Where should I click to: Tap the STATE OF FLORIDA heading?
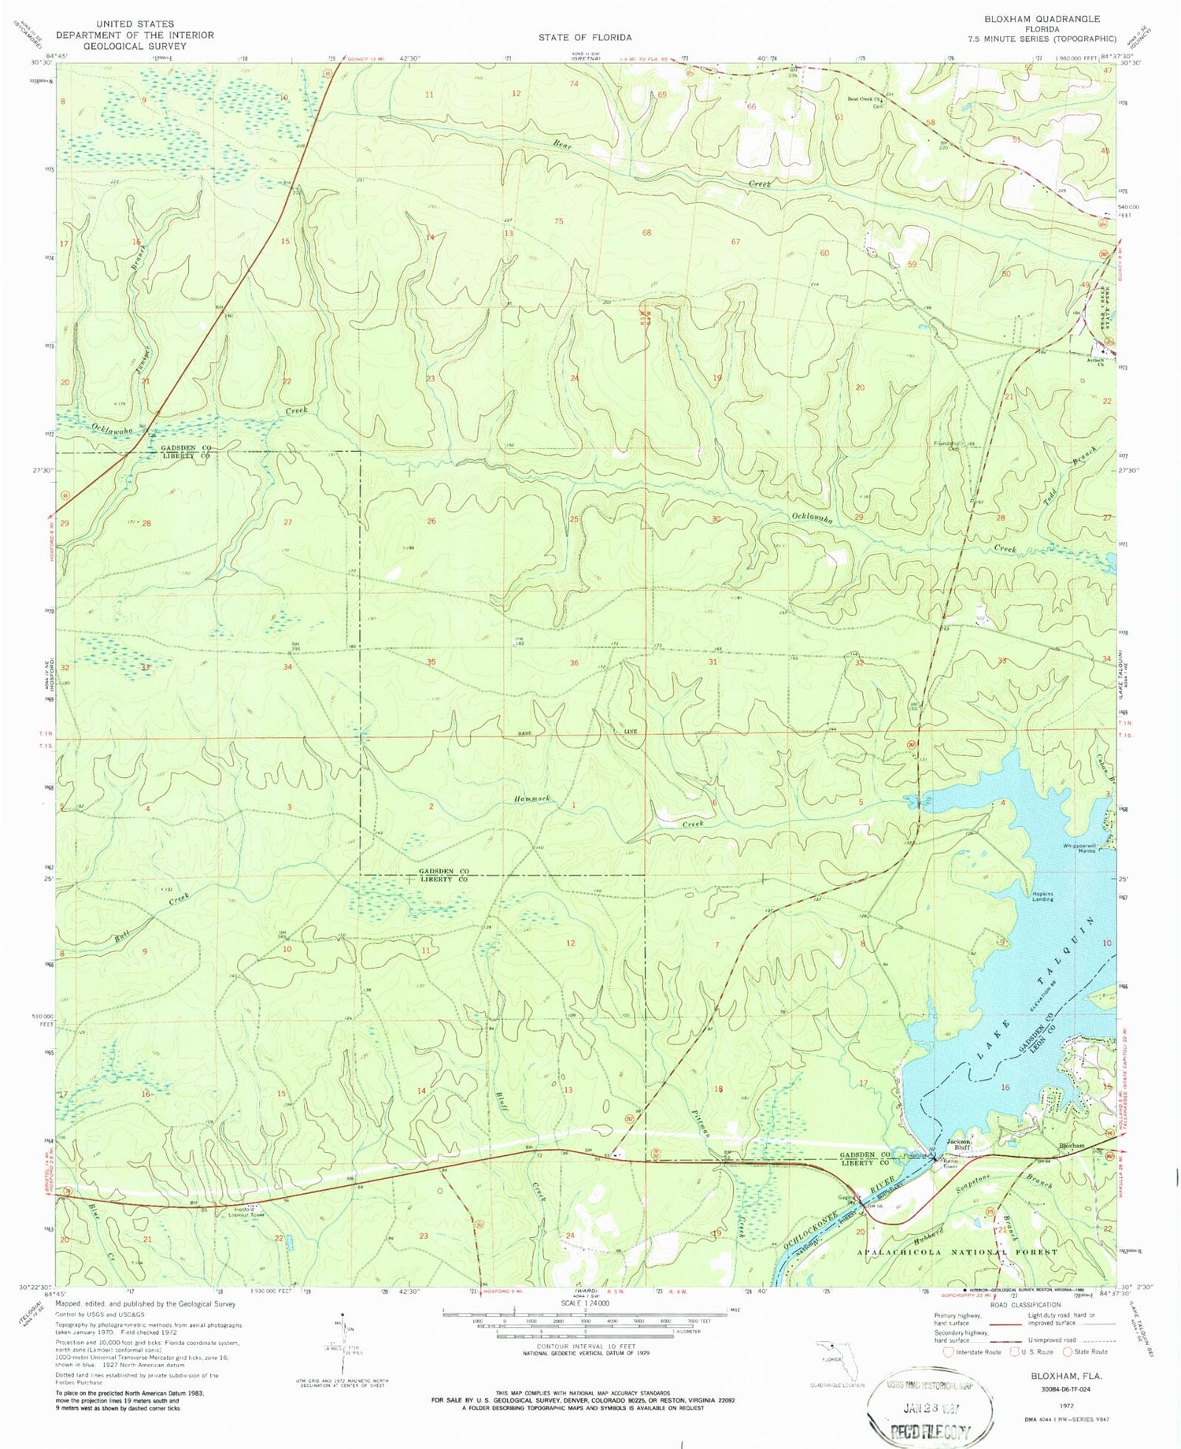click(x=584, y=37)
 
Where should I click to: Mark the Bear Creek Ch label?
click(x=867, y=100)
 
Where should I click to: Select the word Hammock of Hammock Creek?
click(x=533, y=799)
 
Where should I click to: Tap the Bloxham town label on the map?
click(x=1071, y=1145)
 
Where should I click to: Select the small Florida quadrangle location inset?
click(x=838, y=1360)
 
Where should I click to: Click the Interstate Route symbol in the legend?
click(x=949, y=1352)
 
